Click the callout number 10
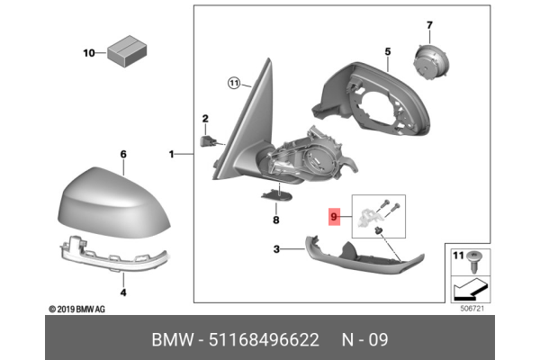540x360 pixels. point(89,53)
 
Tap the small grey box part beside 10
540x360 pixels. point(127,52)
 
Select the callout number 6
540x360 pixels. point(123,155)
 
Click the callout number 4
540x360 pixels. point(123,292)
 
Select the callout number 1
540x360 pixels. point(171,155)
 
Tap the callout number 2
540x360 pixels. point(204,119)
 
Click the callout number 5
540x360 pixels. point(387,52)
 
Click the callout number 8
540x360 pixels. point(276,219)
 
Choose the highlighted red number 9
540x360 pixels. point(335,216)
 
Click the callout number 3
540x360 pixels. point(278,249)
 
